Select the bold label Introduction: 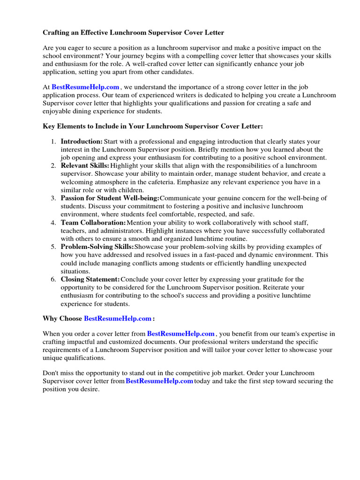(x=82, y=141)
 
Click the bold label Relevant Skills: (x=85, y=165)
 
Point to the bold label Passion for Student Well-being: (x=110, y=198)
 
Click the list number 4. (x=53, y=222)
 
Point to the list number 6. (x=53, y=279)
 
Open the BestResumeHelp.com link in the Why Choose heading (x=118, y=318)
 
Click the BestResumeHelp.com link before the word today (x=159, y=381)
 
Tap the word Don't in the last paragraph (x=51, y=373)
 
